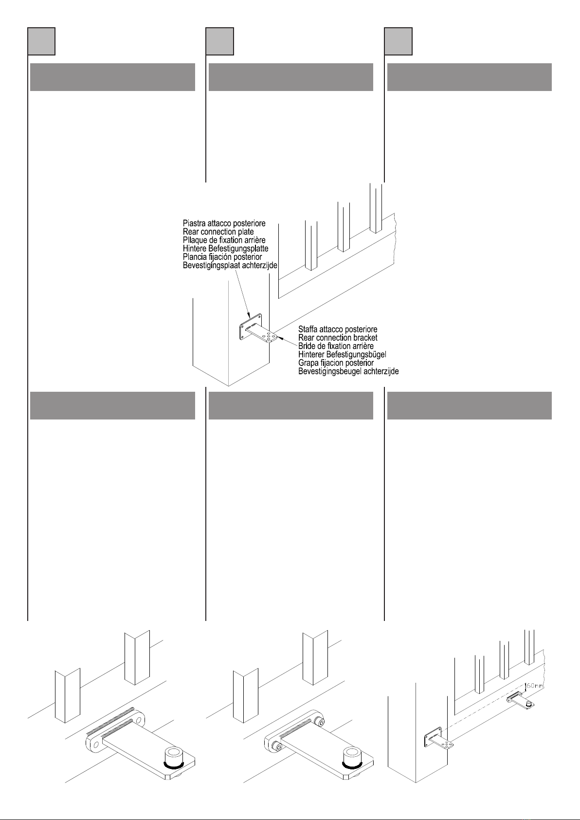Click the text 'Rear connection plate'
click(218, 232)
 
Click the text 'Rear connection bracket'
click(338, 338)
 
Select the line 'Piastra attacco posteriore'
click(224, 223)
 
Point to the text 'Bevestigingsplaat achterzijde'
click(230, 265)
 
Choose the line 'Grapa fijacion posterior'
click(336, 363)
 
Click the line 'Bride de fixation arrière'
click(336, 346)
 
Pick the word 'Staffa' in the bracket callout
click(308, 329)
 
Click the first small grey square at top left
click(41, 41)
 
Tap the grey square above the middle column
click(219, 41)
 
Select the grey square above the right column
click(398, 41)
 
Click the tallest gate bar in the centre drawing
click(375, 208)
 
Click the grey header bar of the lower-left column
click(112, 405)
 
